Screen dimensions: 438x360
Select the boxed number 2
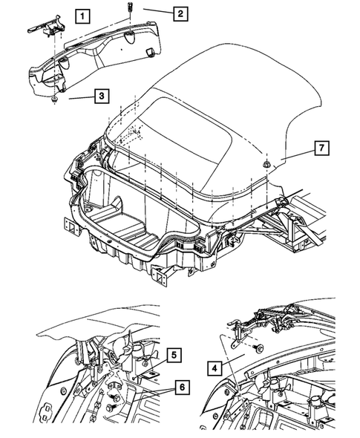(179, 13)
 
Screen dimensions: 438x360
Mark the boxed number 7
(321, 148)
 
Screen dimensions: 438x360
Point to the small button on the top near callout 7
(264, 160)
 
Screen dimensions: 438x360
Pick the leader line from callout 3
(79, 96)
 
